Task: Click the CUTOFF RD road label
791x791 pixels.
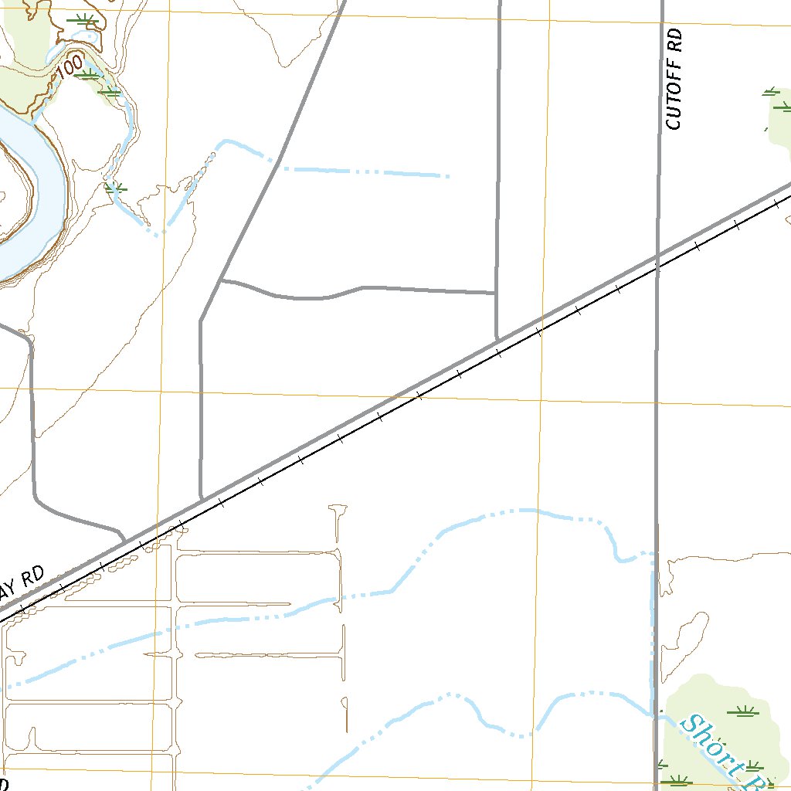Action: pyautogui.click(x=674, y=79)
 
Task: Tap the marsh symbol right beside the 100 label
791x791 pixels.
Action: pyautogui.click(x=90, y=74)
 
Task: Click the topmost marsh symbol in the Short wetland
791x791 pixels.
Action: pyautogui.click(x=745, y=712)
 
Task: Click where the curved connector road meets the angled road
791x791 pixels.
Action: pyautogui.click(x=221, y=280)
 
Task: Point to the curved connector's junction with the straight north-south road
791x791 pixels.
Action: pyautogui.click(x=495, y=293)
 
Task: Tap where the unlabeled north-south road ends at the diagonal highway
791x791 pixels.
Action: pyautogui.click(x=496, y=339)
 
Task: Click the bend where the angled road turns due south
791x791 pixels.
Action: pyautogui.click(x=201, y=321)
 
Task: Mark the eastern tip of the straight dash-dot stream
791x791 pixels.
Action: pyautogui.click(x=448, y=177)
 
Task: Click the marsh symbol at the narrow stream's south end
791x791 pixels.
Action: pyautogui.click(x=116, y=188)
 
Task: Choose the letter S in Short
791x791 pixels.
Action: pyautogui.click(x=689, y=725)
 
